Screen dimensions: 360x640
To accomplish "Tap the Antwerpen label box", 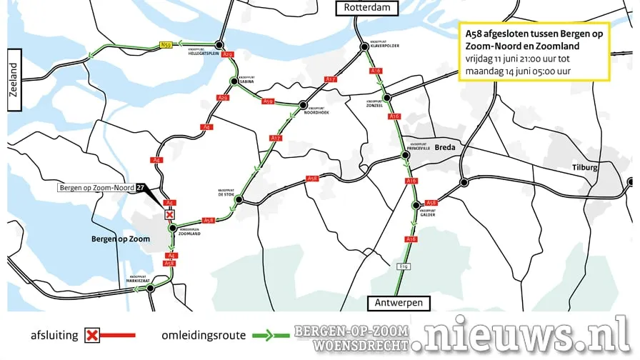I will click(399, 303).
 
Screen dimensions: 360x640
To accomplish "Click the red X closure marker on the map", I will click(169, 214).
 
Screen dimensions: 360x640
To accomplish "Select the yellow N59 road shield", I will click(166, 45).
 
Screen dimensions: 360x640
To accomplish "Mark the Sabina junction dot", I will click(233, 81).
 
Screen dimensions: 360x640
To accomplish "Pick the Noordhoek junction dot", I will click(303, 104).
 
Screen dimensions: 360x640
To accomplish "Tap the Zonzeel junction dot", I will click(386, 98).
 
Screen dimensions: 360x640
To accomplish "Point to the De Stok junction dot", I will click(239, 200).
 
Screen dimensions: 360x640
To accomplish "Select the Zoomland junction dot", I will click(172, 228).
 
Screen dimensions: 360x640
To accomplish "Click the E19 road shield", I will click(404, 266).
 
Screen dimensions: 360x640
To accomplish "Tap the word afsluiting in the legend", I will click(54, 334).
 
